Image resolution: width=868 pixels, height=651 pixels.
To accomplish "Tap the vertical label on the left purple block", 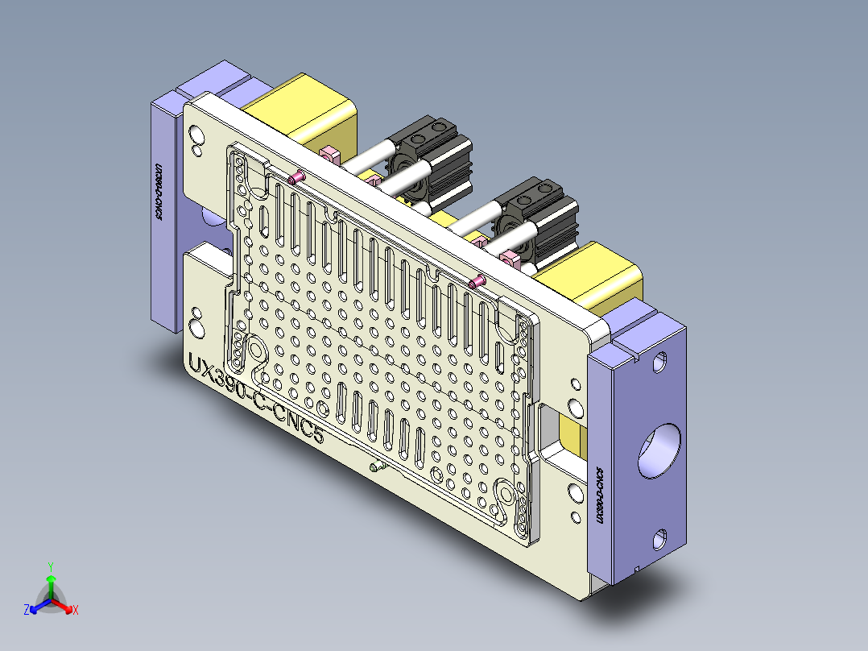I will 158,193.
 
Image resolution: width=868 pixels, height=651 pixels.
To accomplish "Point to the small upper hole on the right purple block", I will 660,362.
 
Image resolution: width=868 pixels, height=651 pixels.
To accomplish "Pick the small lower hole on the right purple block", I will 660,537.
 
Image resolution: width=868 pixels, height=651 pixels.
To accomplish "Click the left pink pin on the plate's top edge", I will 296,177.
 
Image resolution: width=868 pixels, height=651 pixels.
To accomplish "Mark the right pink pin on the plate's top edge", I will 477,282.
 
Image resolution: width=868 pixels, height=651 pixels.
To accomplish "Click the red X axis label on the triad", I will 75,611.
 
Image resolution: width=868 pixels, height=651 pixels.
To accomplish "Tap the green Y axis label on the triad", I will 50,566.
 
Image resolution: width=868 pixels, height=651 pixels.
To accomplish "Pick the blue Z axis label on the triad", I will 27,610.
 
